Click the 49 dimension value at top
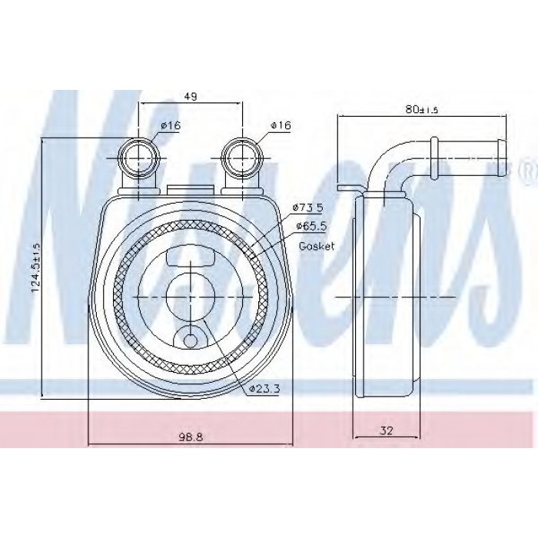coord(191,97)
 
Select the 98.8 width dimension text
coord(191,437)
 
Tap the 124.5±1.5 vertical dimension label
coord(36,267)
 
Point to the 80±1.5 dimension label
coord(422,109)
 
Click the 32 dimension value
coord(387,430)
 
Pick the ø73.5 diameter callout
coord(307,208)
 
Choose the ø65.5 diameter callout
coord(311,226)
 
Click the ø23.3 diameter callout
coord(264,388)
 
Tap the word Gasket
coord(317,246)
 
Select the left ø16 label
coord(171,125)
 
